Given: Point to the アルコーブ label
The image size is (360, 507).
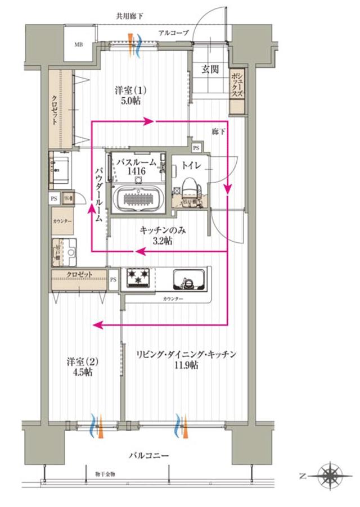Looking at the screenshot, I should tap(173, 33).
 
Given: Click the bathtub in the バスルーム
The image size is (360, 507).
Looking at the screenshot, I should tap(137, 199).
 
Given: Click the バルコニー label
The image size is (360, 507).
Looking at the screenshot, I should tap(148, 454).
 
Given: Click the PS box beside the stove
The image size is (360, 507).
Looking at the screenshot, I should tap(114, 279).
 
